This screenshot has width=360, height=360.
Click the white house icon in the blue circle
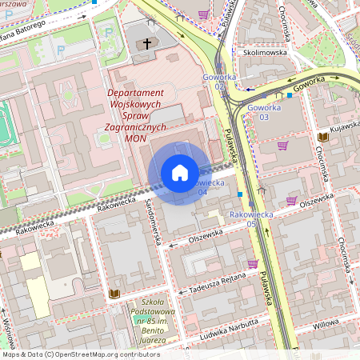point(179,172)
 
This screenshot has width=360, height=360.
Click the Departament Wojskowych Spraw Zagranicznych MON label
point(136,115)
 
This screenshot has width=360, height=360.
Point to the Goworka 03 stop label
point(264,112)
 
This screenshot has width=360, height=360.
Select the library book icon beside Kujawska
point(322,138)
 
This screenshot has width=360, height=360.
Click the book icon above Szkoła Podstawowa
point(114,294)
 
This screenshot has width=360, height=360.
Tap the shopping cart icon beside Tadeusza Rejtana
point(253,264)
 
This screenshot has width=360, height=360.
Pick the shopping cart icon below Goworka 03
point(282,146)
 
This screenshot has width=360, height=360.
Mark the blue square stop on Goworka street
point(290,94)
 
